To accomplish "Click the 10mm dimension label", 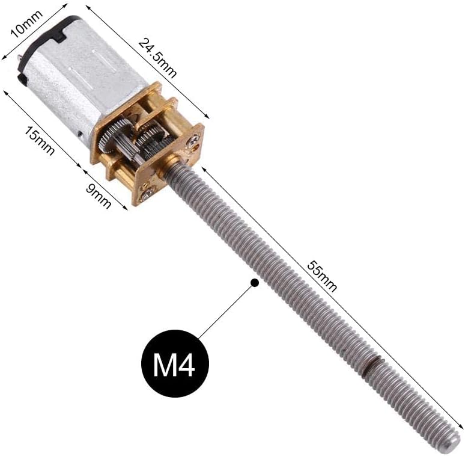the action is (26, 23).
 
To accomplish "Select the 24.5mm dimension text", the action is (157, 58).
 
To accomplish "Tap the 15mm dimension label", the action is (39, 140).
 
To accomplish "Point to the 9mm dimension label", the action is (99, 194).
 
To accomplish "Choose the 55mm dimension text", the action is (322, 276).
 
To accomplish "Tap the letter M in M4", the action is (164, 365).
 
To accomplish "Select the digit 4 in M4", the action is (186, 365).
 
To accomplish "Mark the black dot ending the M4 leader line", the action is (254, 283).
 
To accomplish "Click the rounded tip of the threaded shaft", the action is (455, 443).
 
